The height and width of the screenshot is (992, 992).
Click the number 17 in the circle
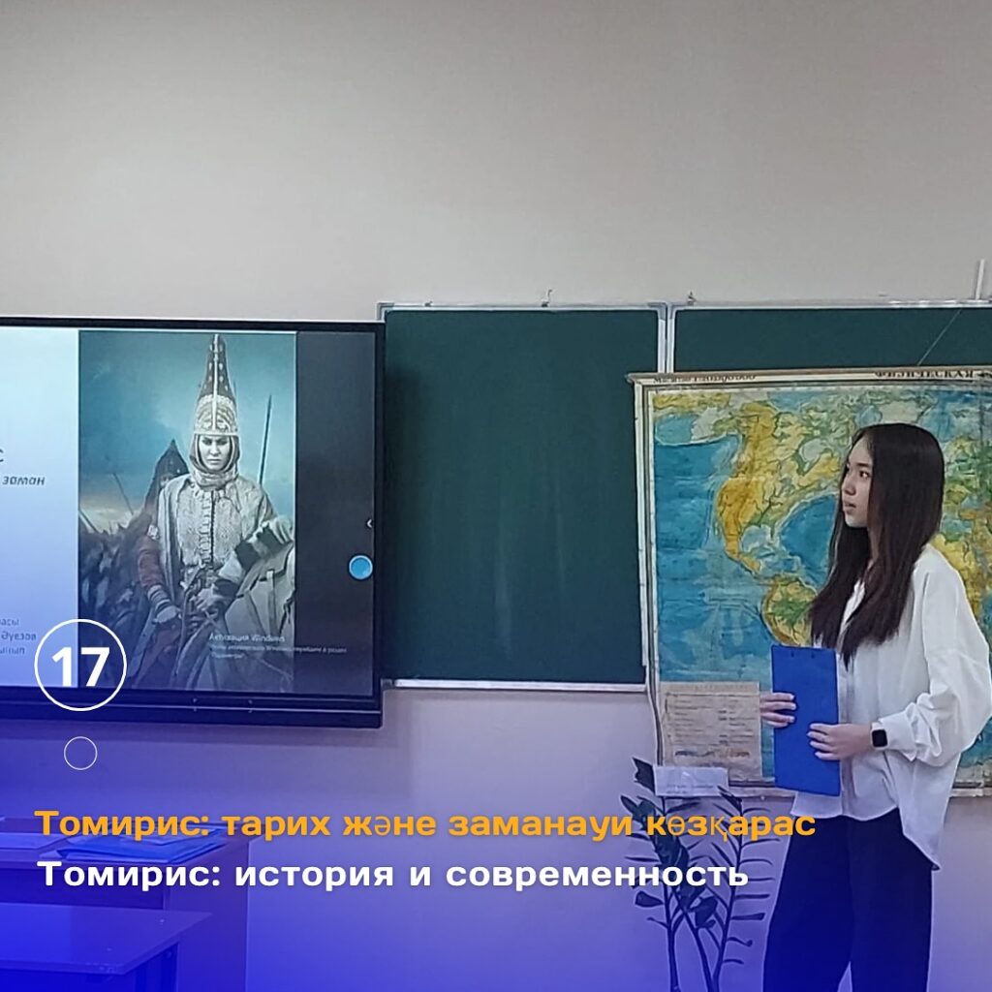pos(80,666)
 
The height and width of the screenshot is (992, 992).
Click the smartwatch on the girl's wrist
pos(879,736)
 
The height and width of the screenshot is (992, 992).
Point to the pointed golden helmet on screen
pos(216,387)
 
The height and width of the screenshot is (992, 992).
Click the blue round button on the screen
pos(359,567)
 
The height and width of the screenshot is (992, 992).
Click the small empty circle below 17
pos(80,753)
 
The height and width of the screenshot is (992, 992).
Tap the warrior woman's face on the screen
pos(214,453)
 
